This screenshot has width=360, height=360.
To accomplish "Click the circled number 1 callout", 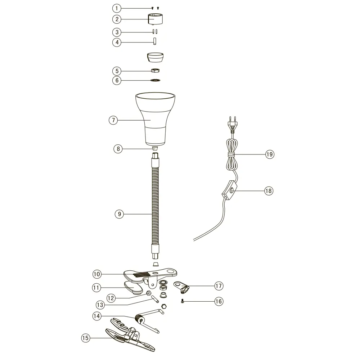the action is (x=117, y=9).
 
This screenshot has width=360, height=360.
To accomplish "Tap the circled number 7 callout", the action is (x=113, y=120).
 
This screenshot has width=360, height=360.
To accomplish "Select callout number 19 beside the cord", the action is (x=270, y=154).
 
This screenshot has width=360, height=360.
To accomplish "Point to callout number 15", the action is (x=85, y=338).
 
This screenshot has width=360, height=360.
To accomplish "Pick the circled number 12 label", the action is (x=111, y=298).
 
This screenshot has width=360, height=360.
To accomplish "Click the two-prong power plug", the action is (x=232, y=125).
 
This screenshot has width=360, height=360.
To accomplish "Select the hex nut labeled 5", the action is (x=156, y=70).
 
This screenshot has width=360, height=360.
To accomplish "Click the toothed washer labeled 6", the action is (x=155, y=80).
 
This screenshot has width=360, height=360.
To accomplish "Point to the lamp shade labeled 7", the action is (x=155, y=119).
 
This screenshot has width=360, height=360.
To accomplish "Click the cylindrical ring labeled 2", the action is (x=155, y=19).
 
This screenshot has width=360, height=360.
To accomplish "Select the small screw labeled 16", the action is (x=183, y=301).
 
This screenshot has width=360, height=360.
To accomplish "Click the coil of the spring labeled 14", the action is (x=139, y=319).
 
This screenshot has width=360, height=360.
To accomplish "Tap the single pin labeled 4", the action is (x=155, y=41).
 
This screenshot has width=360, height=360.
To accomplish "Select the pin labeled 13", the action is (x=155, y=300).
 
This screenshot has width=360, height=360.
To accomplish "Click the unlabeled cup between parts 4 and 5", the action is (x=155, y=57).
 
